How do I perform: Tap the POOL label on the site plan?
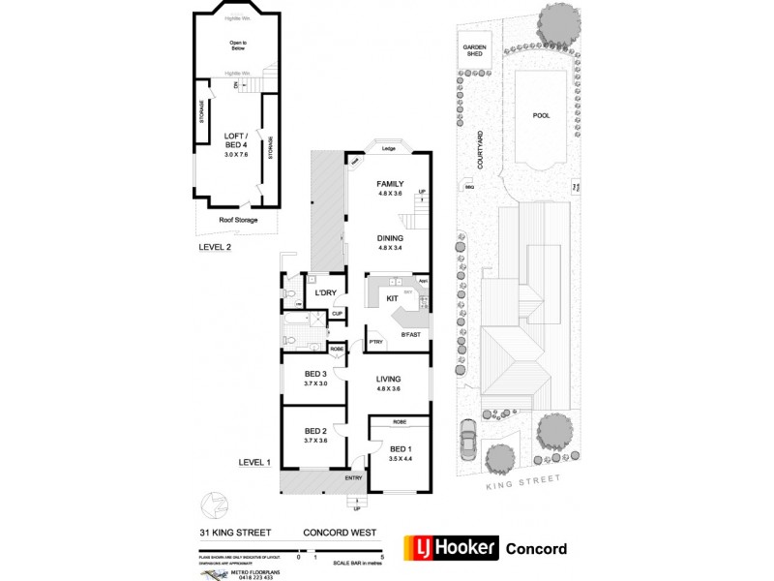(x=541, y=113)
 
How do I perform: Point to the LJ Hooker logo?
(x=450, y=548)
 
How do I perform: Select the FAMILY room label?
(x=390, y=183)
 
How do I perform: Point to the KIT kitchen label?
(x=393, y=299)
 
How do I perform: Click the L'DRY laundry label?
(x=325, y=291)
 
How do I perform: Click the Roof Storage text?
(x=238, y=220)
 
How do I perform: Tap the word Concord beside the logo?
(x=537, y=549)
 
